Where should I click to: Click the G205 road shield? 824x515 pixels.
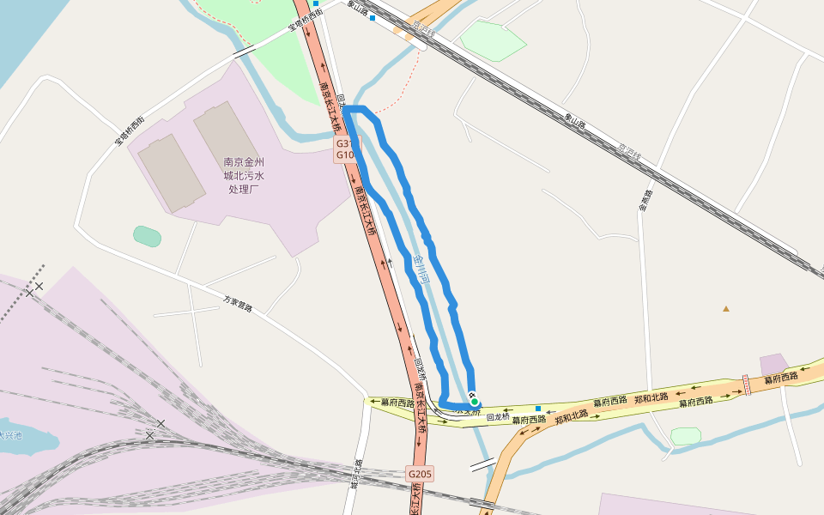pyautogui.click(x=420, y=474)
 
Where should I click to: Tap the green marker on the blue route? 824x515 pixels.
pyautogui.click(x=474, y=401)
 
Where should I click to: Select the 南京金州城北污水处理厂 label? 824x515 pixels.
pyautogui.click(x=244, y=174)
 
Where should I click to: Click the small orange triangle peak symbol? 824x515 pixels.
pyautogui.click(x=726, y=308)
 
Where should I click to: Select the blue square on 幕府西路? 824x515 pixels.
pyautogui.click(x=538, y=408)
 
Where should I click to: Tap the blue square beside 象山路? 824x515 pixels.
pyautogui.click(x=373, y=17)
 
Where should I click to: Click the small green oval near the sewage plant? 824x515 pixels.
pyautogui.click(x=147, y=236)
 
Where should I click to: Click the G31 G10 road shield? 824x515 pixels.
pyautogui.click(x=345, y=149)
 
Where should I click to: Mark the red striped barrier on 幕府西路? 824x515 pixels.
pyautogui.click(x=747, y=385)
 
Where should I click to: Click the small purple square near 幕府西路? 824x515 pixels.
pyautogui.click(x=773, y=364)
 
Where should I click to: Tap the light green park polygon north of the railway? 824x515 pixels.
pyautogui.click(x=493, y=40)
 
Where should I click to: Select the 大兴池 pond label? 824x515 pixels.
pyautogui.click(x=10, y=435)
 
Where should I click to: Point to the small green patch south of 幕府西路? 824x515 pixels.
pyautogui.click(x=686, y=436)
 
